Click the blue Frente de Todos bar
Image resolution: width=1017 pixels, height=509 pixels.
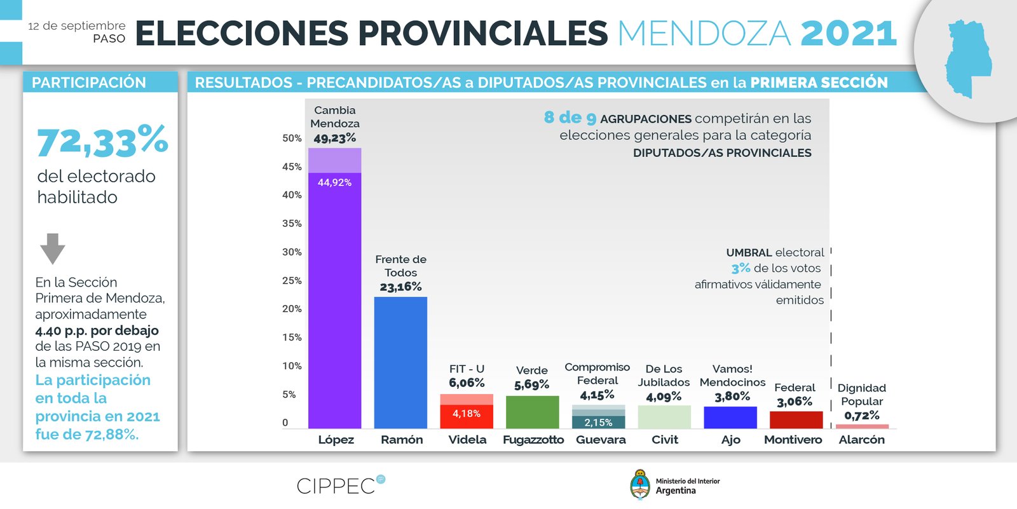click(x=400, y=362)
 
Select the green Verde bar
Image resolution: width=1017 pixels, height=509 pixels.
click(x=532, y=412)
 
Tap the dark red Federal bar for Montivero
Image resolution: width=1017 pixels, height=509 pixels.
click(x=796, y=419)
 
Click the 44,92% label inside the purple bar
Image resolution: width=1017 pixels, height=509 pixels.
click(x=334, y=182)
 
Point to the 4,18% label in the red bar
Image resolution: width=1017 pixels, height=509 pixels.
click(x=466, y=414)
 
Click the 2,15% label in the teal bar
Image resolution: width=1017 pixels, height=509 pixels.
click(x=598, y=423)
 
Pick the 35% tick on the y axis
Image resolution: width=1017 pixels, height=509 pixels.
click(x=292, y=224)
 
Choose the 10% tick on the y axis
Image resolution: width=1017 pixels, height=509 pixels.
click(x=292, y=366)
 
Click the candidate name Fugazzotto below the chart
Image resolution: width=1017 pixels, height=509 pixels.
click(x=533, y=440)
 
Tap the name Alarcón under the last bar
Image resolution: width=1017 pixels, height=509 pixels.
click(x=861, y=440)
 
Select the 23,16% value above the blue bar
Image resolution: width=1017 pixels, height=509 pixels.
click(x=400, y=287)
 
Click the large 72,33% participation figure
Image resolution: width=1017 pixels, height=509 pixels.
click(x=102, y=141)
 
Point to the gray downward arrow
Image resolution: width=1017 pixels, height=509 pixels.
click(x=53, y=248)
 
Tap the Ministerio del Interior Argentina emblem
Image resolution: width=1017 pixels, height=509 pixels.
click(x=639, y=485)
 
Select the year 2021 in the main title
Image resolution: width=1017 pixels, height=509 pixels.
click(x=849, y=34)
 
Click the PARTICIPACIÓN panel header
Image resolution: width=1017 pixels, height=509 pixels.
click(x=89, y=83)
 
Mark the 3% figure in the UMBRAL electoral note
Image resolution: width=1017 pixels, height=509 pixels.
click(x=741, y=269)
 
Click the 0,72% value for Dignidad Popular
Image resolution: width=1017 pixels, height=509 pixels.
click(x=861, y=416)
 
